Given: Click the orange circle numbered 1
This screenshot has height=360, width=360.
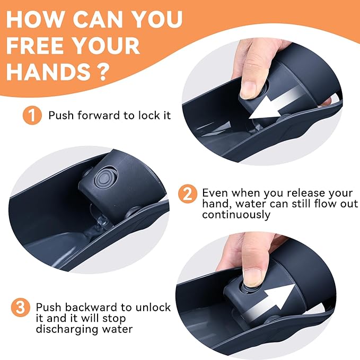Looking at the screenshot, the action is [32, 115].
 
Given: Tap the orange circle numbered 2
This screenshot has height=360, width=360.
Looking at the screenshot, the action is [188, 194].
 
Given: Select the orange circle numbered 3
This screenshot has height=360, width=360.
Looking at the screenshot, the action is [21, 308].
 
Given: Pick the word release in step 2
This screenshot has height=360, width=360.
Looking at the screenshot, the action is [305, 193].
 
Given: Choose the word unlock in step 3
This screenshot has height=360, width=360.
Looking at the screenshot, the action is [153, 308].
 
